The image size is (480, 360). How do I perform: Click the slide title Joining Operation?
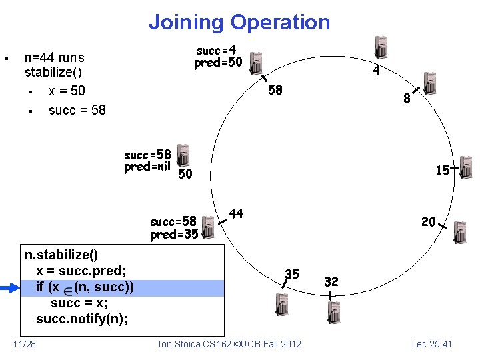(239, 22)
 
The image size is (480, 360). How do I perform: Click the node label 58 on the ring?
(275, 90)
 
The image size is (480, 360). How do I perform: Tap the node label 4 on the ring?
(376, 70)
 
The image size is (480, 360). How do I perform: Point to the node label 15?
(442, 171)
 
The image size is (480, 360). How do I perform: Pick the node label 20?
(428, 221)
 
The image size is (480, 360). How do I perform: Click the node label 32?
(331, 281)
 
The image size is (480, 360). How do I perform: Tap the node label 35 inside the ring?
(292, 273)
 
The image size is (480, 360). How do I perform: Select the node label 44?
(236, 213)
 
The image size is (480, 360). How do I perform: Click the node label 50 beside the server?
(185, 174)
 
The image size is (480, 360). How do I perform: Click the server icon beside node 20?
(460, 231)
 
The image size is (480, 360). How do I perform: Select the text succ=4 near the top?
(216, 51)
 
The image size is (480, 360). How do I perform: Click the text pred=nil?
(147, 167)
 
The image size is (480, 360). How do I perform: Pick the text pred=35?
(173, 235)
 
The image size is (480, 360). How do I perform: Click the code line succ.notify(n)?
(82, 319)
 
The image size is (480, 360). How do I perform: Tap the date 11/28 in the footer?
(25, 344)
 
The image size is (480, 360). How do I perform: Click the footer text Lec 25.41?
(431, 344)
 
